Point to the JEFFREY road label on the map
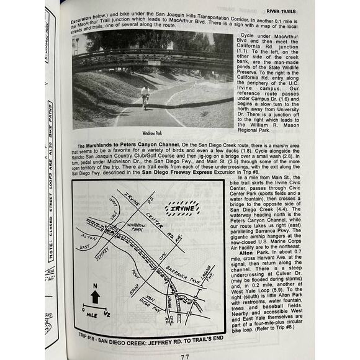(x=106, y=250)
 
